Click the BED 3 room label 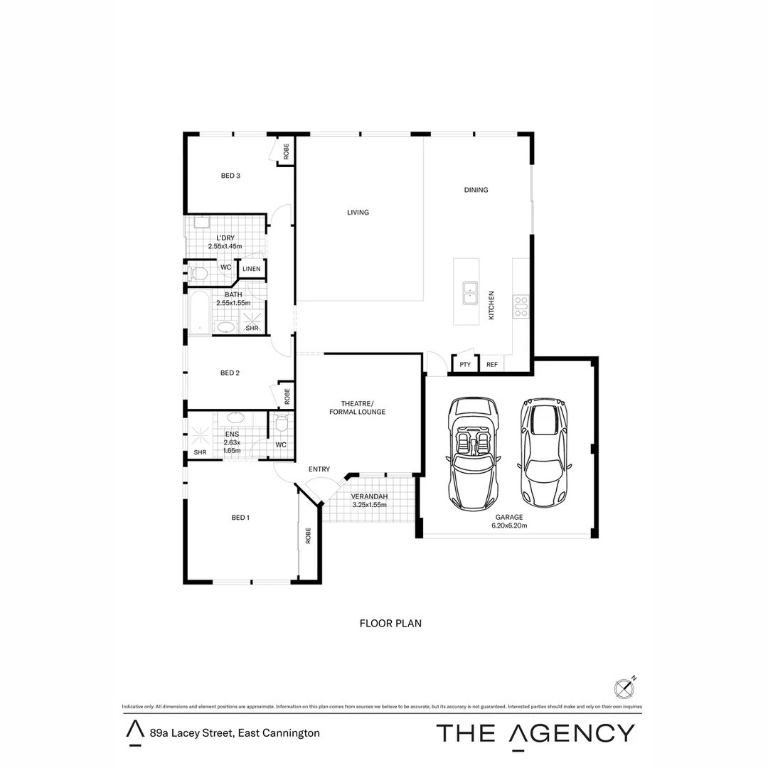[230, 176]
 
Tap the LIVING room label [358, 212]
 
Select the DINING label [476, 190]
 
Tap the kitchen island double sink [471, 292]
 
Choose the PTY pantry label [465, 365]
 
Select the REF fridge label [491, 365]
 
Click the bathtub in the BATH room [199, 312]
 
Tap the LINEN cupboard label [252, 269]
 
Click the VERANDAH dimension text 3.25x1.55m [369, 505]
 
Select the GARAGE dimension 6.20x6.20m [509, 526]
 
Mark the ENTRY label [319, 469]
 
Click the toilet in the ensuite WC [281, 425]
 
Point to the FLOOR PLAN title [390, 624]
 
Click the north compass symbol [623, 688]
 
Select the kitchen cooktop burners [521, 306]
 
